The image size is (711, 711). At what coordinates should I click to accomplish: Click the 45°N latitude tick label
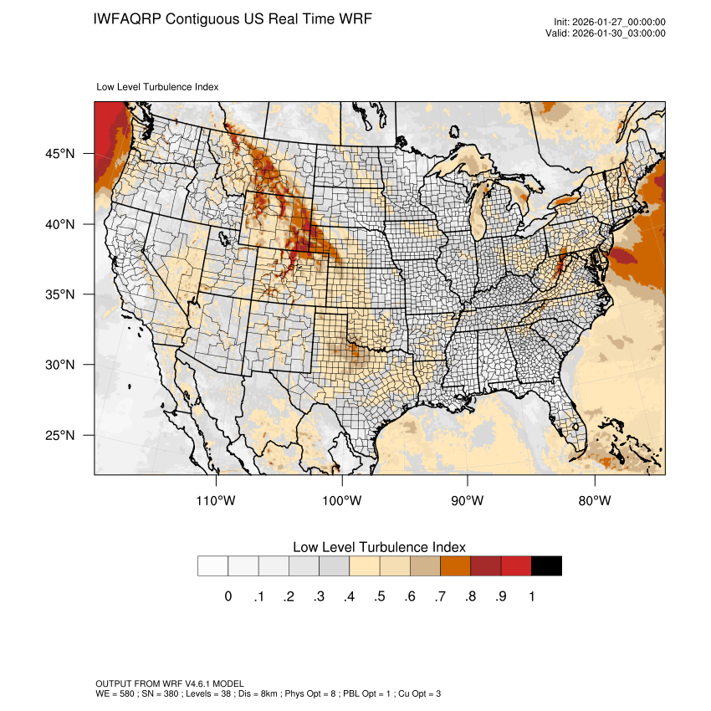59,154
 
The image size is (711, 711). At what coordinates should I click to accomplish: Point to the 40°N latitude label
59,224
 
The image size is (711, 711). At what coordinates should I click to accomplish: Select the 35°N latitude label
59,294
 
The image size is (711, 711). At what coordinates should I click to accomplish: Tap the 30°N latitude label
59,365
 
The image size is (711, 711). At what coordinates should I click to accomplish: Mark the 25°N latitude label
59,435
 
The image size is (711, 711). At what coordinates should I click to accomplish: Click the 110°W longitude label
217,501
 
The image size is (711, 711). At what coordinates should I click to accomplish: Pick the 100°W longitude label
342,501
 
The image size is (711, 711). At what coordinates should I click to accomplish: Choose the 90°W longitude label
468,501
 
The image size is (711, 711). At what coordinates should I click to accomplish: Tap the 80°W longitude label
594,501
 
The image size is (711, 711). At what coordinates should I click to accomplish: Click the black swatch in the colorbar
546,566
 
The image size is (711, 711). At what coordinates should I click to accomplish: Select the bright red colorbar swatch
516,566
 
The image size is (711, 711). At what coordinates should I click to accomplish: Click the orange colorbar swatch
455,566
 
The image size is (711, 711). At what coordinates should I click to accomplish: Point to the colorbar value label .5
380,596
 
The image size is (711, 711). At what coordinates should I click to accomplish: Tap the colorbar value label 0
228,596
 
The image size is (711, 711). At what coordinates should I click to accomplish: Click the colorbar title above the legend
379,546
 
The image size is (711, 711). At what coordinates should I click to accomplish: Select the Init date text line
610,23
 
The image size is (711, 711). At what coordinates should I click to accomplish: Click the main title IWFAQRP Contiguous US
233,18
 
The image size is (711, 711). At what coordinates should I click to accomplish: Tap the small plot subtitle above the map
158,86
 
